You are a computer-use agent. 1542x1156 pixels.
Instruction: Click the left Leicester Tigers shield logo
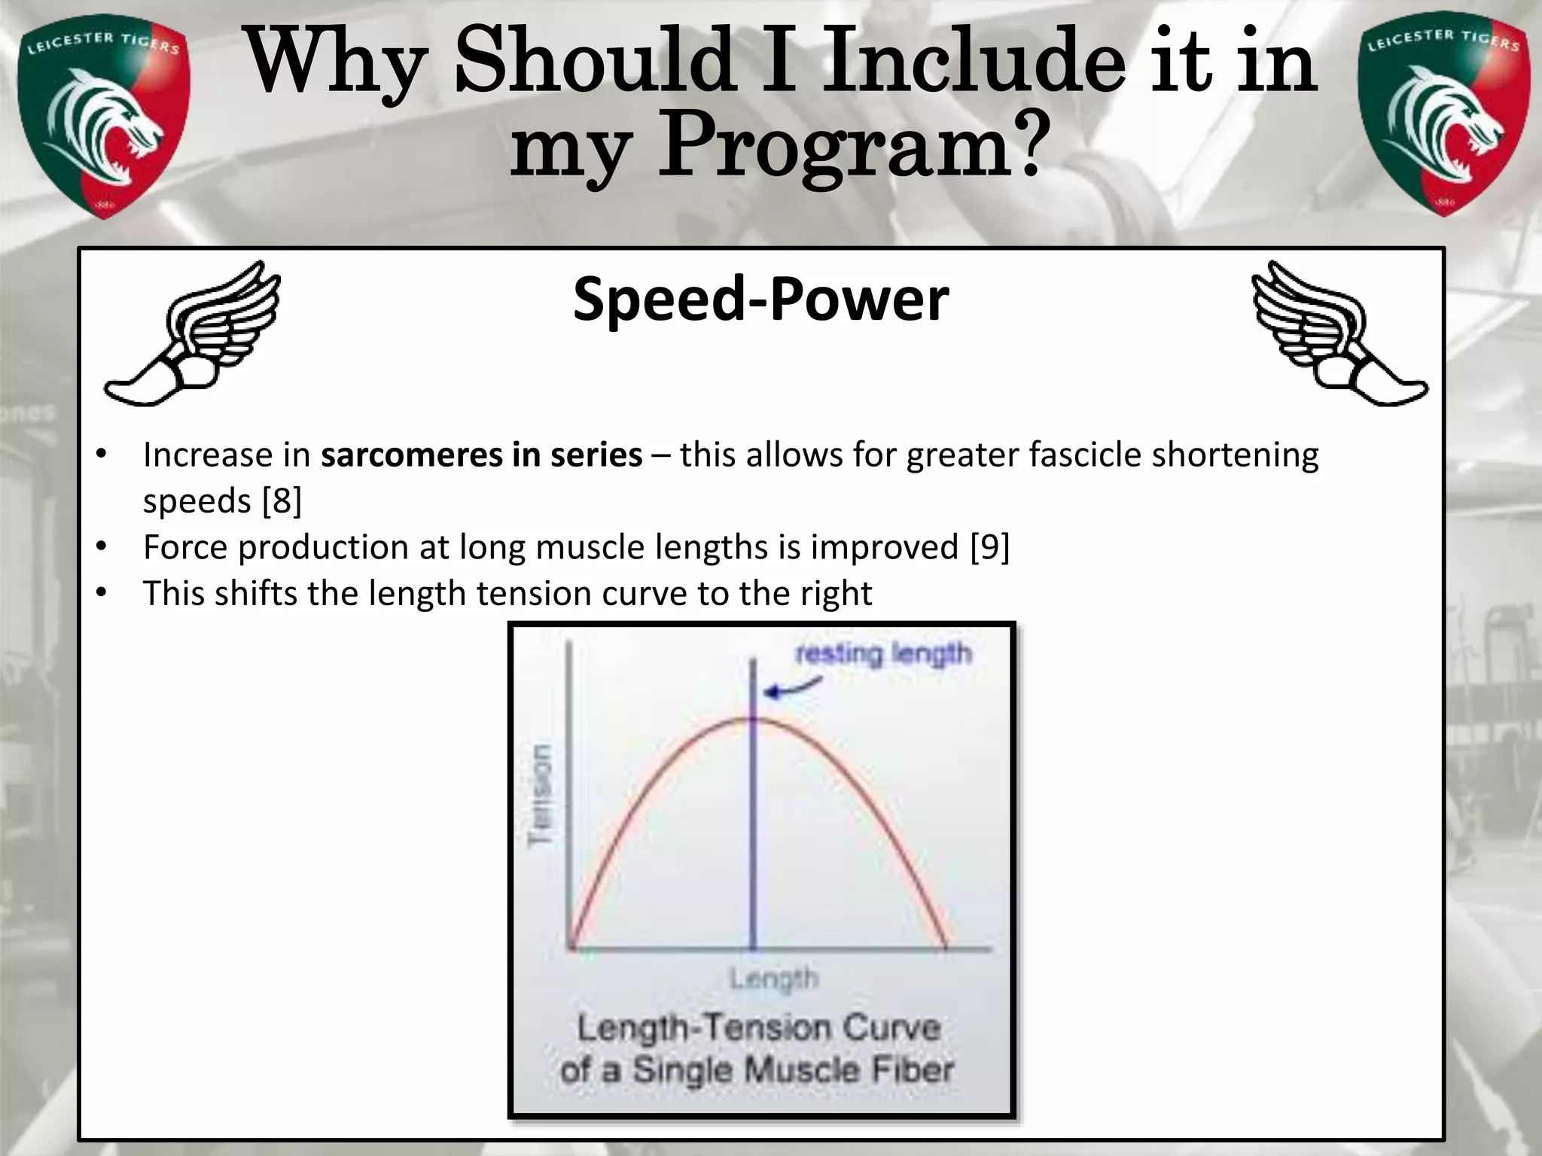[x=104, y=117]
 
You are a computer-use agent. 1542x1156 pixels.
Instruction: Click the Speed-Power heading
[x=760, y=300]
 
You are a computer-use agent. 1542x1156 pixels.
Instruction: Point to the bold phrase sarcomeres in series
[x=482, y=455]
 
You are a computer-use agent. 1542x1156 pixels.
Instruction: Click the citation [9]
[x=989, y=547]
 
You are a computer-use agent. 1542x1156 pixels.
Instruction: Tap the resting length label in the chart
[x=884, y=653]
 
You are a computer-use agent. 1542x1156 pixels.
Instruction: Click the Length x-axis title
[x=773, y=979]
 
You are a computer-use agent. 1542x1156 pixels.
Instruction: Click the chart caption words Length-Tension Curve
[x=759, y=1029]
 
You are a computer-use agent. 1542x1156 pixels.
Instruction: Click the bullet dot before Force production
[x=101, y=548]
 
